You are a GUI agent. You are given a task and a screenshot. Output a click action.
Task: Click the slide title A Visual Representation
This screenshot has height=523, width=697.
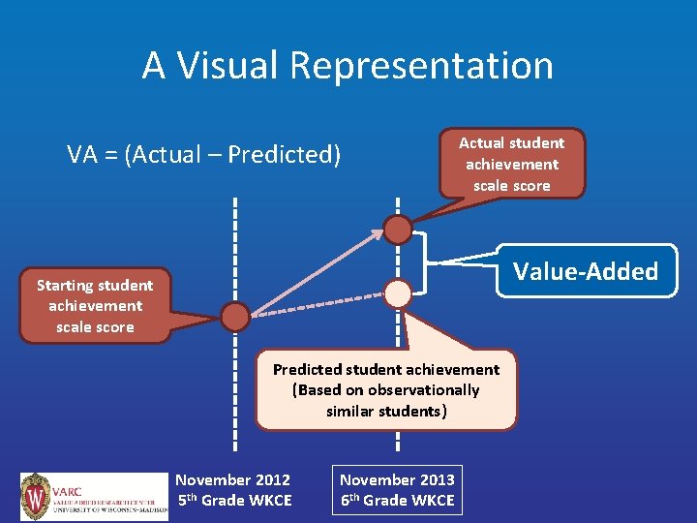click(348, 66)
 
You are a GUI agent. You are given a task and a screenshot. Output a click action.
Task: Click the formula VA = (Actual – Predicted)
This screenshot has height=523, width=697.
click(203, 154)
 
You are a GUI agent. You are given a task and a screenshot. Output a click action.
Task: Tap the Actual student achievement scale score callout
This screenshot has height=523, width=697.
click(511, 164)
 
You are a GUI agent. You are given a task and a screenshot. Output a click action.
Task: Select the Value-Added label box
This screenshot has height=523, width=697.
click(585, 271)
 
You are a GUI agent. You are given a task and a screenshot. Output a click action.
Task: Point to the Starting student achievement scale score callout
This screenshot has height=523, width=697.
click(95, 306)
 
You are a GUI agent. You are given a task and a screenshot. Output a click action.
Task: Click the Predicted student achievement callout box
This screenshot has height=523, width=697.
click(386, 389)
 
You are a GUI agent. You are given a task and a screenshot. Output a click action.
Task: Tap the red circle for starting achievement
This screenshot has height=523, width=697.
click(234, 316)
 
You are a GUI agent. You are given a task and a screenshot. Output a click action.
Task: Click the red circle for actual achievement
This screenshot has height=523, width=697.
click(398, 229)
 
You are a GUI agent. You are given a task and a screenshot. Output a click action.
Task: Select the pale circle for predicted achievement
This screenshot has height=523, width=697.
click(398, 292)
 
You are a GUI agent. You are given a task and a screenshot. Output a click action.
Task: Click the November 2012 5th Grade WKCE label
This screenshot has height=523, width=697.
click(233, 490)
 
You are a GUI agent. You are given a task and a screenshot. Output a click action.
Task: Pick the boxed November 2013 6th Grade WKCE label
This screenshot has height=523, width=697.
click(397, 490)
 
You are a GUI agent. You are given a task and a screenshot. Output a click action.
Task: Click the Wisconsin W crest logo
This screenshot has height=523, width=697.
click(37, 497)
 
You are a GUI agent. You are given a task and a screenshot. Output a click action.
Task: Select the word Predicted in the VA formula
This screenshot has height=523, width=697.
click(285, 154)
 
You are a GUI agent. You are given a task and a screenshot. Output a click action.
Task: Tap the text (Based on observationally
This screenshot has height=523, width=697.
click(386, 390)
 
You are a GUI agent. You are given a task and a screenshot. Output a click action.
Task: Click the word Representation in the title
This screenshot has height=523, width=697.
click(421, 66)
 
